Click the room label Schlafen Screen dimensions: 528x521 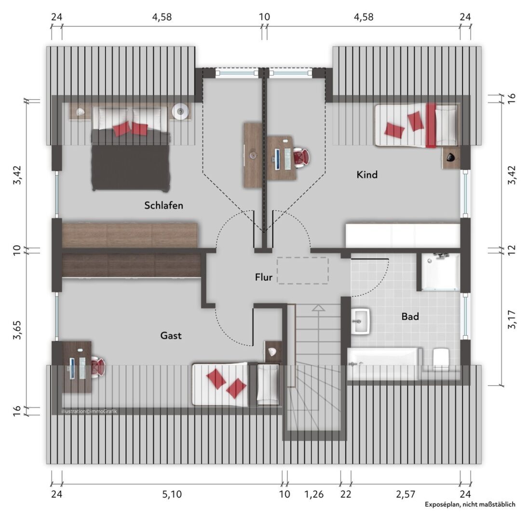163,205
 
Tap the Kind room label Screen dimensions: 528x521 367,175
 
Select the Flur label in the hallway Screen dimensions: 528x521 264,277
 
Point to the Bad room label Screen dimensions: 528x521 410,316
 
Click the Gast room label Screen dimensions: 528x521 171,335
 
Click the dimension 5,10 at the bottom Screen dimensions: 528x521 172,494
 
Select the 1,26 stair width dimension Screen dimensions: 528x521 314,494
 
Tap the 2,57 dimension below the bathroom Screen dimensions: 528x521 406,494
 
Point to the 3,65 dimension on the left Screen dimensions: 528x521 17,329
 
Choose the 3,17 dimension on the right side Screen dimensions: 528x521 512,319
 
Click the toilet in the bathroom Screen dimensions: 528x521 441,359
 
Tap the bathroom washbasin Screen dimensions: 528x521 361,321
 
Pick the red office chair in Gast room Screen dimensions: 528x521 98,367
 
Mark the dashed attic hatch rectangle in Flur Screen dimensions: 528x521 303,271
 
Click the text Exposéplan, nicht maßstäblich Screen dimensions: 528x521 470,504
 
